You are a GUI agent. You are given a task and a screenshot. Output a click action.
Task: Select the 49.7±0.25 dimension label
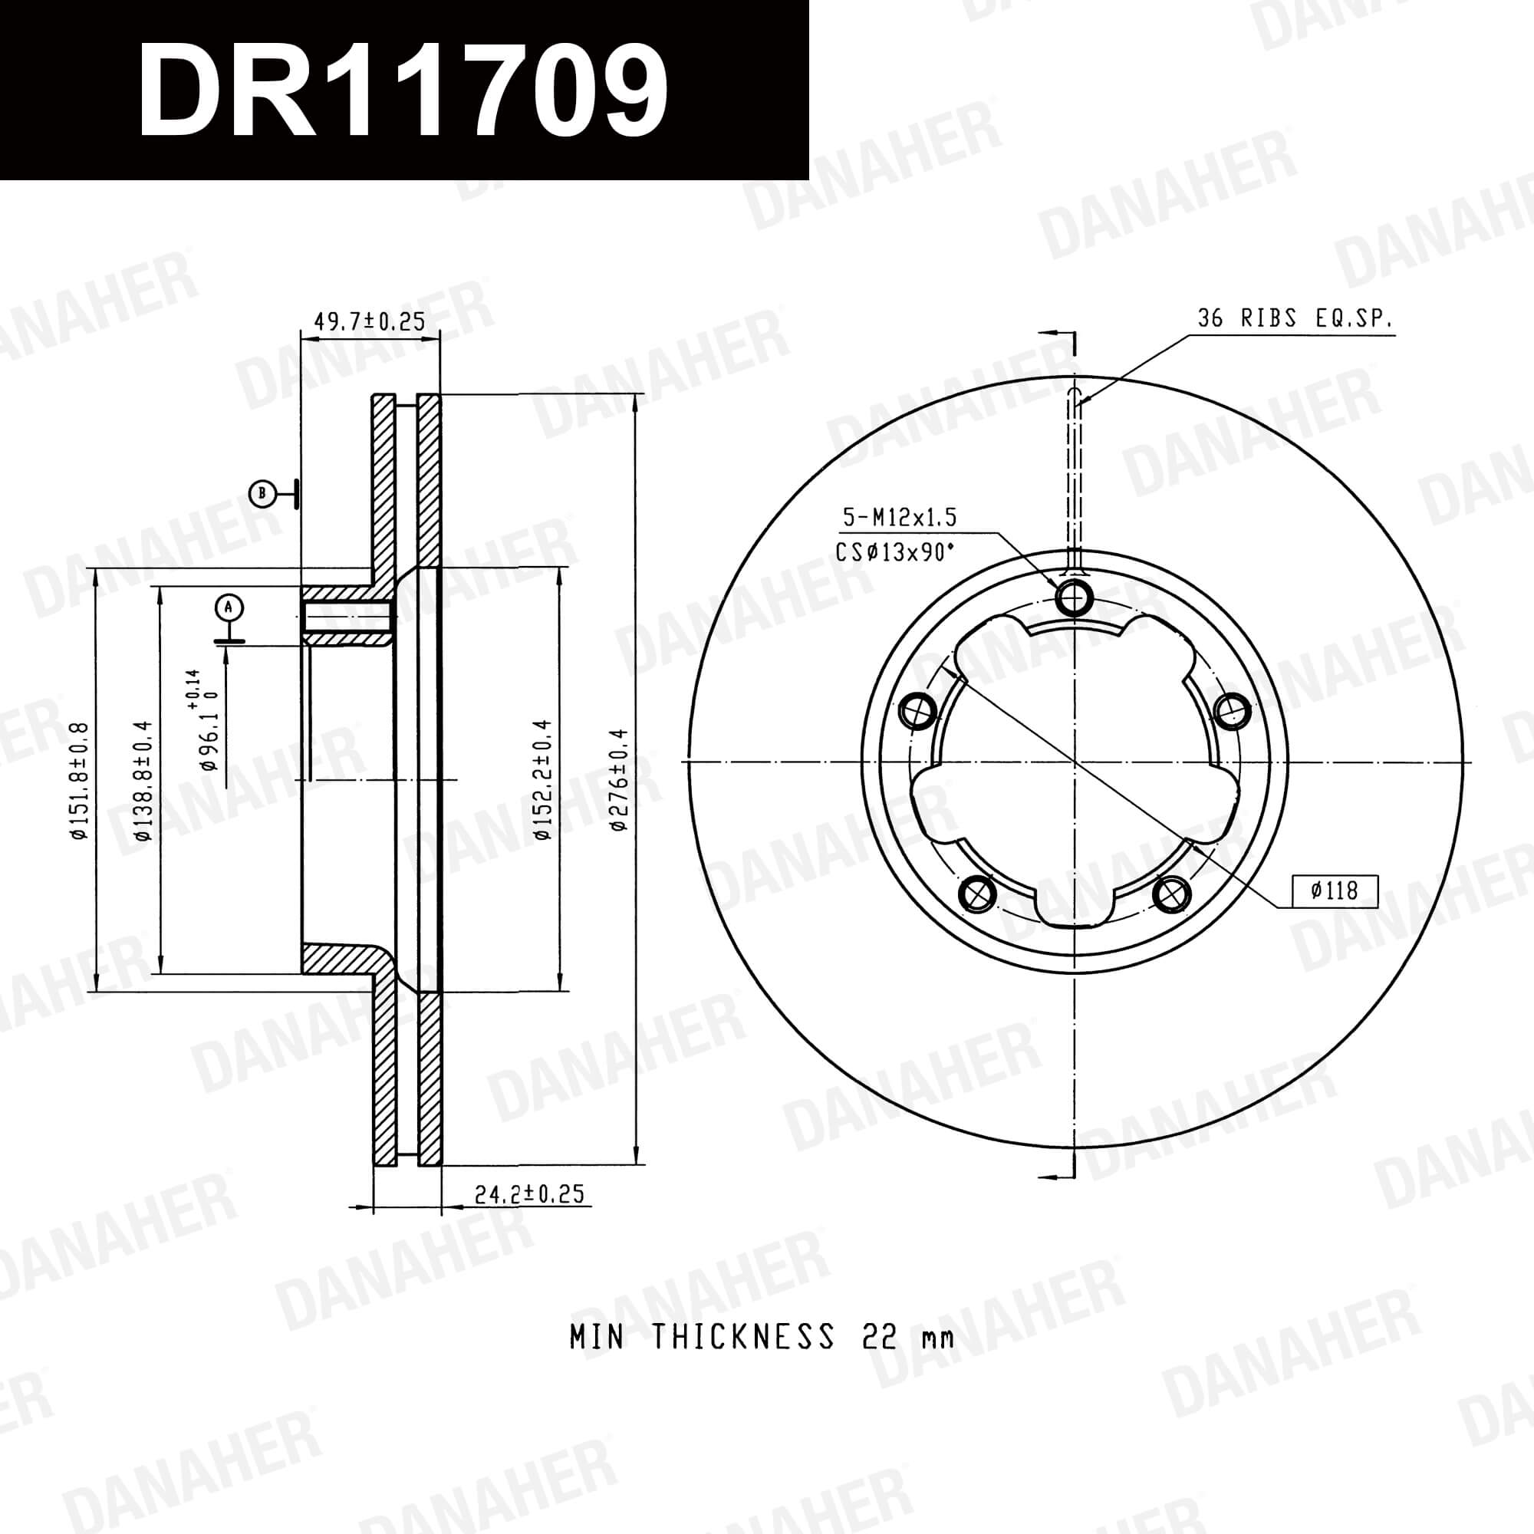(x=370, y=321)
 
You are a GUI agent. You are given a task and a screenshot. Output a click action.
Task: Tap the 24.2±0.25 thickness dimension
(x=528, y=1193)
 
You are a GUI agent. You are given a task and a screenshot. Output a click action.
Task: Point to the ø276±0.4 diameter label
(x=619, y=780)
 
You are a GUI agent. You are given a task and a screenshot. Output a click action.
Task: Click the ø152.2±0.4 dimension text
(x=542, y=780)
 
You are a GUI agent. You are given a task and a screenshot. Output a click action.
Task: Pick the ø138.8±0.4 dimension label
(x=143, y=781)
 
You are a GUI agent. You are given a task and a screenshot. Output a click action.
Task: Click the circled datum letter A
(x=229, y=608)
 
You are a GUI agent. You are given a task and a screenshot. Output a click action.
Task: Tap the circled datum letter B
(x=262, y=494)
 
